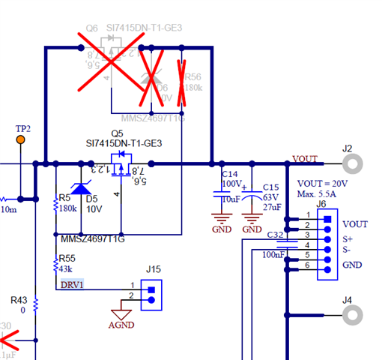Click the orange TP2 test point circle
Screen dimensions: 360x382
click(21, 139)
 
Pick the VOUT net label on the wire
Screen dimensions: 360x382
click(306, 159)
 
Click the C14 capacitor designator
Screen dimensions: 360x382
click(231, 174)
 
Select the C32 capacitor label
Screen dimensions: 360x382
click(276, 234)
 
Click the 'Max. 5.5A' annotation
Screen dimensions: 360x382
click(318, 194)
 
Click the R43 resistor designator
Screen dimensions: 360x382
click(18, 299)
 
